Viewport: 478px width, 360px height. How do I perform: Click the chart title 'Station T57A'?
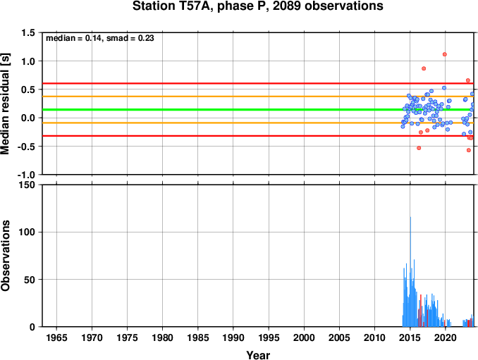[173, 6]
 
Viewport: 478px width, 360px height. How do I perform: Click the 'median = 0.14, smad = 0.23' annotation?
[100, 38]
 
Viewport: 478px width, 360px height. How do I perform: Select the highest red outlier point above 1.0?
[444, 54]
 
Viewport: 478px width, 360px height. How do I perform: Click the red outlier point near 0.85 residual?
[424, 68]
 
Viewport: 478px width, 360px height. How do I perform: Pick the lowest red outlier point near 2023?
[469, 150]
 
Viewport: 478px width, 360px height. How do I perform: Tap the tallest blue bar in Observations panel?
[410, 272]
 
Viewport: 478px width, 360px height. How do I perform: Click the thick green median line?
[258, 110]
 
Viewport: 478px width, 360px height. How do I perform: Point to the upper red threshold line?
[258, 83]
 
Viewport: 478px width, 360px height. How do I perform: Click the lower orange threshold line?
[258, 123]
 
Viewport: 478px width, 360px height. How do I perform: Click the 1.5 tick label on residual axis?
[28, 32]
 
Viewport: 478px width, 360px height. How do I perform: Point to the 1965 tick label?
[56, 337]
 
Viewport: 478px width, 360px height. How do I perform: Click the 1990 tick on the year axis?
[233, 337]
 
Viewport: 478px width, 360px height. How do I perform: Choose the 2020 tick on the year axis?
[446, 337]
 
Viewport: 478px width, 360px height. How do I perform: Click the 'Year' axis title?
[258, 355]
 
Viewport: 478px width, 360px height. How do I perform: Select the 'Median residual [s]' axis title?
[5, 104]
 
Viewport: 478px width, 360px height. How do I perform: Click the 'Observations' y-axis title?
[5, 256]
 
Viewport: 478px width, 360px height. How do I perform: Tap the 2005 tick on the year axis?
[339, 337]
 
